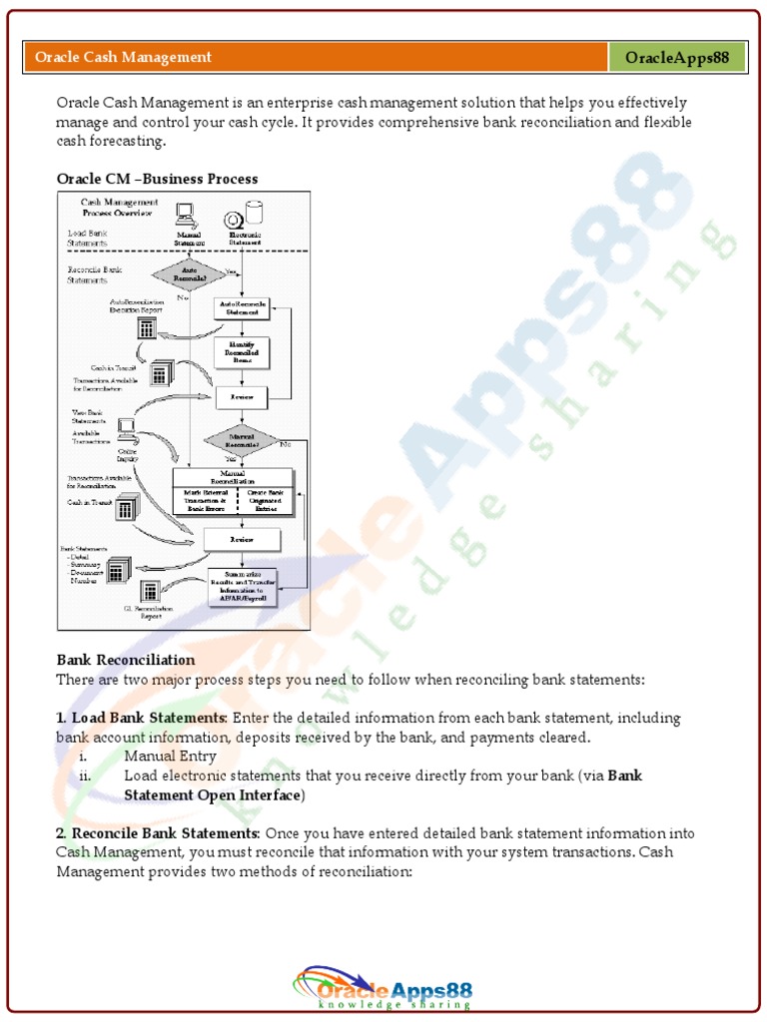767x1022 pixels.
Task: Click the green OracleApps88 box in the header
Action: (677, 57)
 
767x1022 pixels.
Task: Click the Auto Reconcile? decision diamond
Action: (183, 273)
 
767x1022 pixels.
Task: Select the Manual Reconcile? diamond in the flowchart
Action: (240, 440)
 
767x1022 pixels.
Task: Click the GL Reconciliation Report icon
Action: (150, 591)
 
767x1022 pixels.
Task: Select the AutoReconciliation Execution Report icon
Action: (146, 326)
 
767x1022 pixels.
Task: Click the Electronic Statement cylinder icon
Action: (255, 213)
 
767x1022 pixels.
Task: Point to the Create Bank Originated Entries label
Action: (265, 499)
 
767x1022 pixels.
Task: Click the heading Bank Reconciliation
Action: (126, 660)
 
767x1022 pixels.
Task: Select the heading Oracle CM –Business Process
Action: (157, 179)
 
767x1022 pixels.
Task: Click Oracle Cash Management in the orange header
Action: (123, 57)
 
